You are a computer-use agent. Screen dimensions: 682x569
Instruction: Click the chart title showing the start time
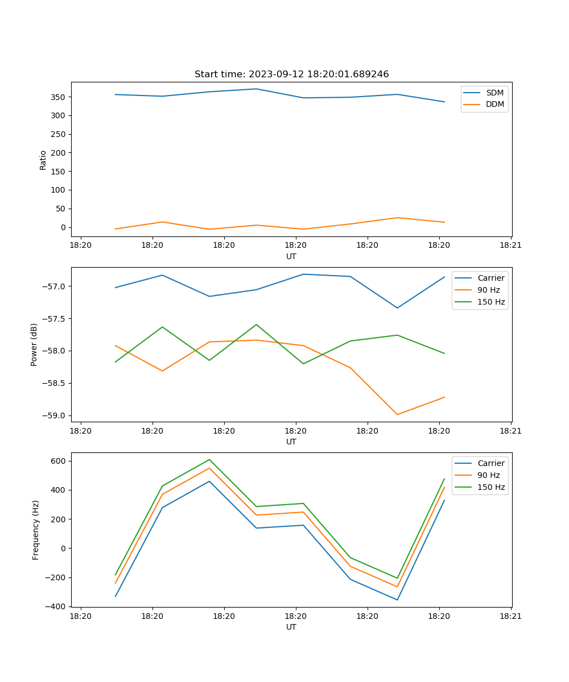tap(291, 74)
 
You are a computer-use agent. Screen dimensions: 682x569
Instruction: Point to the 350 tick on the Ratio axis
tap(59, 97)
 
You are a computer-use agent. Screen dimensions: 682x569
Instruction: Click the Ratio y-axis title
tap(43, 160)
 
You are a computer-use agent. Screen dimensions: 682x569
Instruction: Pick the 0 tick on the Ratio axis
tap(63, 227)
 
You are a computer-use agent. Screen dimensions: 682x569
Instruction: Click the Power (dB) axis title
tap(34, 344)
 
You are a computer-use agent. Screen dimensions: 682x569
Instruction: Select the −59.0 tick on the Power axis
tap(54, 415)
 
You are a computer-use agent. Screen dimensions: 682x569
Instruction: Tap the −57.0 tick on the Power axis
tap(54, 286)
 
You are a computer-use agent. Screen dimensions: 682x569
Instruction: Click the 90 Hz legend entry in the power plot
tap(488, 290)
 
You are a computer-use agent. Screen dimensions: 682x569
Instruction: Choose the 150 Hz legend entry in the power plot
tap(490, 302)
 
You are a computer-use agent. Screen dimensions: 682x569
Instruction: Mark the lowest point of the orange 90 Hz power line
tap(397, 414)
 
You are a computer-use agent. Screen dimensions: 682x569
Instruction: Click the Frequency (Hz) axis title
tap(36, 530)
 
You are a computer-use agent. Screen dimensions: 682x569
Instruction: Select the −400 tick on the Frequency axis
tap(56, 607)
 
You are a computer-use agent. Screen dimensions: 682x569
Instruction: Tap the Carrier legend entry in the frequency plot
tap(490, 463)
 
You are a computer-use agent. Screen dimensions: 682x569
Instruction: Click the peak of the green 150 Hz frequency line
tap(209, 459)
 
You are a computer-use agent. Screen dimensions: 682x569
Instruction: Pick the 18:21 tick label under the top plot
tap(510, 246)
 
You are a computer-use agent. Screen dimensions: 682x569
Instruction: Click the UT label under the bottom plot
tap(291, 627)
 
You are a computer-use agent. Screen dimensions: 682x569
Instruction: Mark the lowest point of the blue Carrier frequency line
tap(397, 600)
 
